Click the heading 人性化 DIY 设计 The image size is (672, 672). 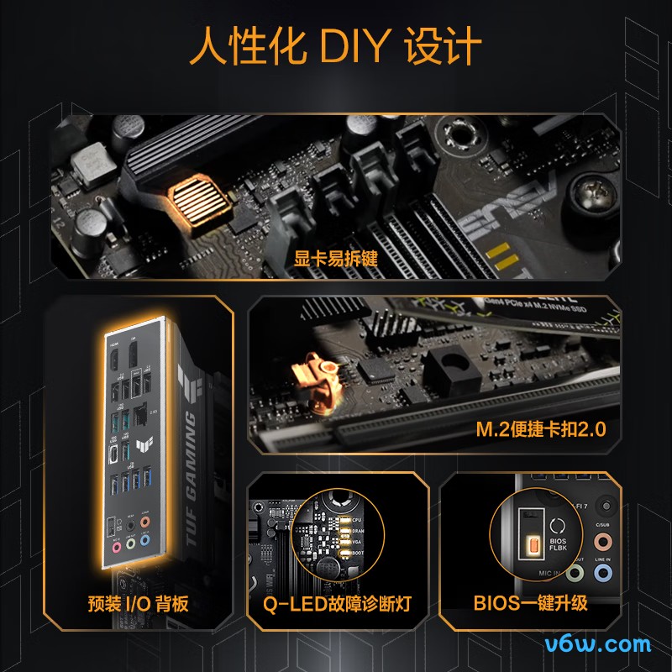[336, 47]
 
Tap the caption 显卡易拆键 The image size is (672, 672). [336, 258]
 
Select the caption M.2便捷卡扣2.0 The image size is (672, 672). [541, 430]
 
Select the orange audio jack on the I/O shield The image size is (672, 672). [146, 522]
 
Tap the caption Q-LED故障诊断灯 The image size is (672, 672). [336, 603]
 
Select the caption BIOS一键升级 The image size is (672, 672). [530, 603]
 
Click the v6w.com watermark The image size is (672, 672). [597, 645]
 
